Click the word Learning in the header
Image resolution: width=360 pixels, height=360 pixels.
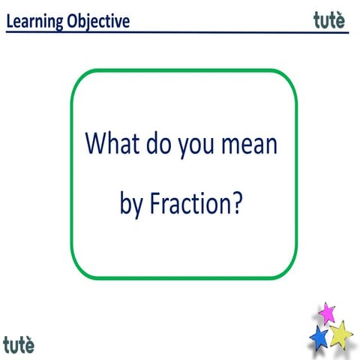click(x=34, y=21)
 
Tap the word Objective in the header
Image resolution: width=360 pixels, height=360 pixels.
click(x=97, y=21)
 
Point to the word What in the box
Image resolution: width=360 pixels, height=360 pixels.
click(x=111, y=143)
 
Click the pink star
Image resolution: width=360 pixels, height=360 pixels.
click(x=326, y=310)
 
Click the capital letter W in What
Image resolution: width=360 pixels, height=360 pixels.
click(x=95, y=143)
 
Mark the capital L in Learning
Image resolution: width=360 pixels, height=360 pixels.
click(x=10, y=21)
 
